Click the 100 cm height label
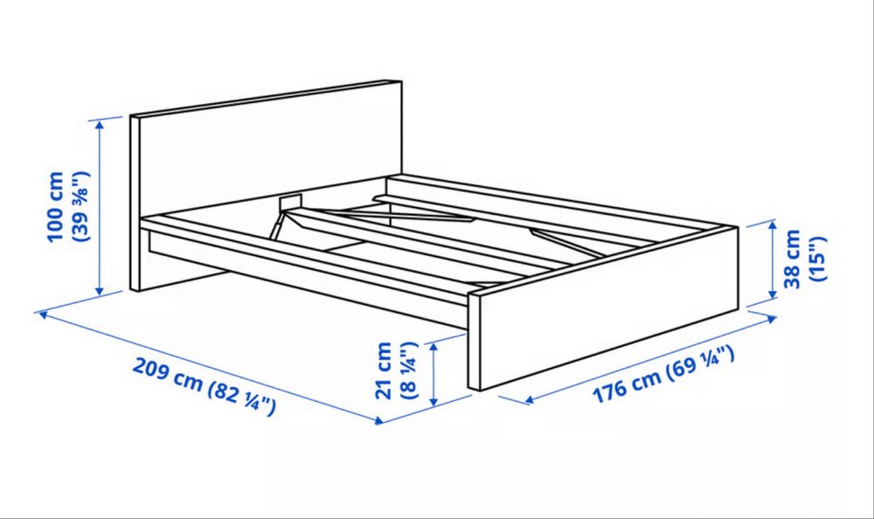point(57,206)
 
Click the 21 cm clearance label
point(385,370)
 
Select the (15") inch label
point(817,259)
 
